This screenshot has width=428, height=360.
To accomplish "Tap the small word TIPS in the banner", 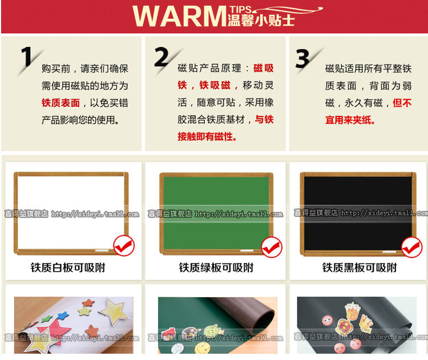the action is (x=240, y=10).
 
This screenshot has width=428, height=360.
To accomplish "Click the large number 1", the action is (x=27, y=56).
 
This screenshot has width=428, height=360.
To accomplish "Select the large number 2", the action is (x=161, y=57).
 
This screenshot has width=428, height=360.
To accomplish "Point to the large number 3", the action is (x=302, y=58).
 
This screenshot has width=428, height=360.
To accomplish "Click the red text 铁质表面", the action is (x=60, y=103).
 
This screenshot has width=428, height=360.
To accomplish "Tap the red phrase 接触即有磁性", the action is (x=207, y=136).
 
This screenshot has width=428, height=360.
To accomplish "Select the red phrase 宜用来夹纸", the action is (x=350, y=120).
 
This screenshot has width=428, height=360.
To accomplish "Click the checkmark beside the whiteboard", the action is (x=124, y=246).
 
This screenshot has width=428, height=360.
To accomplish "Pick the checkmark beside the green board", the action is (x=272, y=247).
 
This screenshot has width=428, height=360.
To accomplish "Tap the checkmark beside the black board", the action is (x=411, y=247).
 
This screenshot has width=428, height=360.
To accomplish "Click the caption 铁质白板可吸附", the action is (x=68, y=268).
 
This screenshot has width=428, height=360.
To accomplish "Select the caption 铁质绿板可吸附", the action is (x=216, y=268).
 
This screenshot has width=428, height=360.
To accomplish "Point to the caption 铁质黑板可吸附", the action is (x=360, y=268).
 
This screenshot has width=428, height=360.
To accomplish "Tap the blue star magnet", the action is (x=63, y=315).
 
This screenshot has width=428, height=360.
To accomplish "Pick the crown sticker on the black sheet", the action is (x=353, y=310).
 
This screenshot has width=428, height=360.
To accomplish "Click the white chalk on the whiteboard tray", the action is (x=102, y=250).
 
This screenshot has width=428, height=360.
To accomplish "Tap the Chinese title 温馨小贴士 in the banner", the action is (x=261, y=20).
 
